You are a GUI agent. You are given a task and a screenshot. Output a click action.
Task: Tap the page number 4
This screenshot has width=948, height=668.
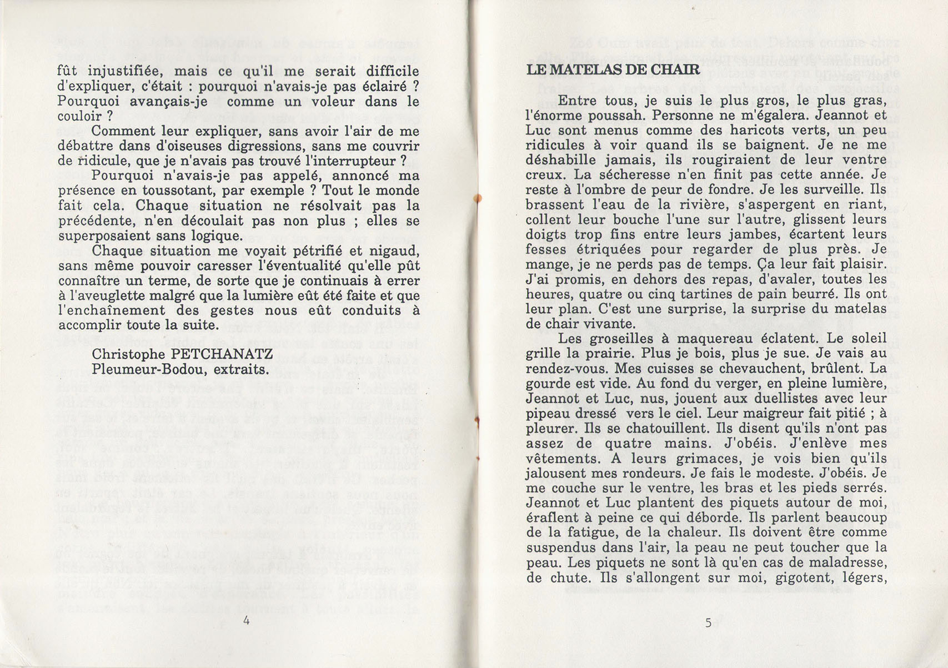pos(246,622)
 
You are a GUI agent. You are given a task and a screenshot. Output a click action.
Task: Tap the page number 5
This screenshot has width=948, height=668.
pos(708,622)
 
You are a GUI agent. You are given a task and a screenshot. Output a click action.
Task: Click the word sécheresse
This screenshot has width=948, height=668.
pos(601,174)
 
